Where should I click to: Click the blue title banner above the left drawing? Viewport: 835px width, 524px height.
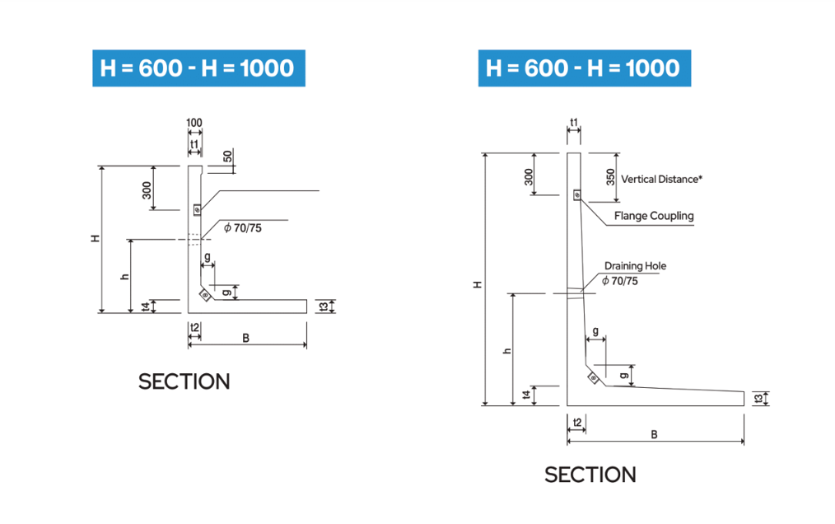(197, 68)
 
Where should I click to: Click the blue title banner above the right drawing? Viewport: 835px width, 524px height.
(584, 68)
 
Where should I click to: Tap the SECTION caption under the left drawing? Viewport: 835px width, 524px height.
(184, 381)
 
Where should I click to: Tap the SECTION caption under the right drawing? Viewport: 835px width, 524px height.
(590, 475)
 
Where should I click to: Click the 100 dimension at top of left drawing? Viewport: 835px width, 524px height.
(194, 124)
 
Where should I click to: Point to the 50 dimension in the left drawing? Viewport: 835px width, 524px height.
(227, 157)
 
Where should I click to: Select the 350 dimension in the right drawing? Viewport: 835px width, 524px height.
(610, 176)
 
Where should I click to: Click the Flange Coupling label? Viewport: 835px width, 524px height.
(654, 216)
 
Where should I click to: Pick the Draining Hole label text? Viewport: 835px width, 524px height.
(635, 266)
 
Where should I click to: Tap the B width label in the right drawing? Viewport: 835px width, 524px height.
(654, 434)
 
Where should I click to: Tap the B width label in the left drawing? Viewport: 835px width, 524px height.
(245, 339)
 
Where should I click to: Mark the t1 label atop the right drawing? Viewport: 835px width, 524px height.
(574, 124)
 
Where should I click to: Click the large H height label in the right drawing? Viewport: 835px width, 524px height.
(477, 284)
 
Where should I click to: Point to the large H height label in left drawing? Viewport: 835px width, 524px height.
(96, 238)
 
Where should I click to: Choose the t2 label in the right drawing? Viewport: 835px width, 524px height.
(577, 423)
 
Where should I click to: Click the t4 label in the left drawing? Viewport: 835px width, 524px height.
(146, 306)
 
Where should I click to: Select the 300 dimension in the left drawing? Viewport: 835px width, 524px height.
(146, 190)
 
